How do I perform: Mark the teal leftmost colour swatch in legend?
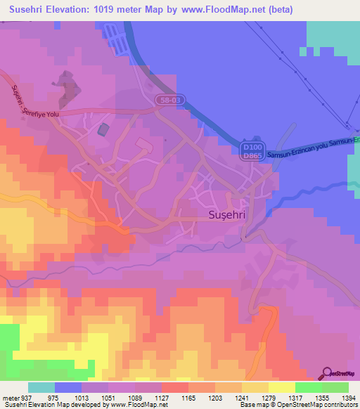(41, 387)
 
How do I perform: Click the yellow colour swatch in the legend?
(282, 387)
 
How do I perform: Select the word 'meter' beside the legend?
(11, 398)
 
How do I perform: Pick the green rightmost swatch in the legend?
(335, 387)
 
